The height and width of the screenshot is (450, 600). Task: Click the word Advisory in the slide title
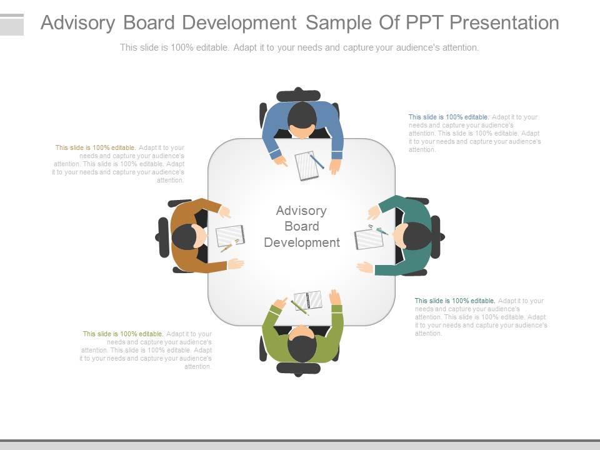tap(78, 23)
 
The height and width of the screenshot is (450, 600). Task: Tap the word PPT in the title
tap(424, 23)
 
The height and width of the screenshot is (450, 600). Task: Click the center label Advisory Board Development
tap(301, 226)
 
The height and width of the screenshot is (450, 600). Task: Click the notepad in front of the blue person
tap(306, 166)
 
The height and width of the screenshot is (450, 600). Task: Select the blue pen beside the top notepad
tap(317, 161)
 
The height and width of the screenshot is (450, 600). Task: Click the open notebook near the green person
tap(308, 301)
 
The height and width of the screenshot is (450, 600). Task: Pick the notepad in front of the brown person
tap(230, 236)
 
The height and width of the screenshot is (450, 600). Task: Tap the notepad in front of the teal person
tap(368, 239)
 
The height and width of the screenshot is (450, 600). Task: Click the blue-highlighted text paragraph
tap(474, 133)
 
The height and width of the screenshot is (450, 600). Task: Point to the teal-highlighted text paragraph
tap(481, 317)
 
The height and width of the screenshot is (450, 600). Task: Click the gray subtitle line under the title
tap(299, 47)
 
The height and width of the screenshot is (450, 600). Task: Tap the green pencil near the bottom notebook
tap(299, 307)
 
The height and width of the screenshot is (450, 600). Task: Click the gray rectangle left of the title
tap(12, 24)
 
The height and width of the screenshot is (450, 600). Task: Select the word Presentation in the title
tap(504, 23)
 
